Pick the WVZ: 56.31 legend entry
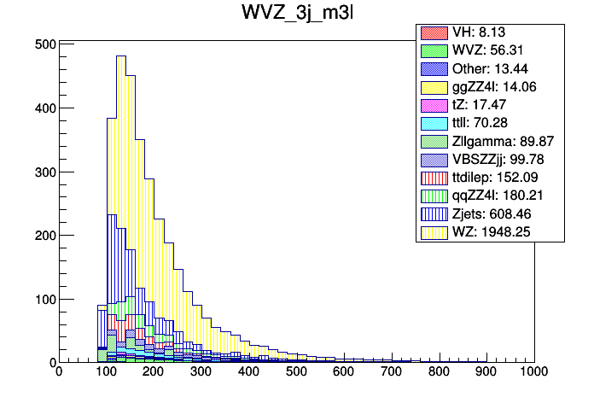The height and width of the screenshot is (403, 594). coord(492,50)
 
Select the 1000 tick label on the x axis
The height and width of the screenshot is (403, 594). coord(533,371)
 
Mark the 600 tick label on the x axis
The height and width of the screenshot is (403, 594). coord(343,371)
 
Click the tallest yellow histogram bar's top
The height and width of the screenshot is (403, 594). coord(120,56)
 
